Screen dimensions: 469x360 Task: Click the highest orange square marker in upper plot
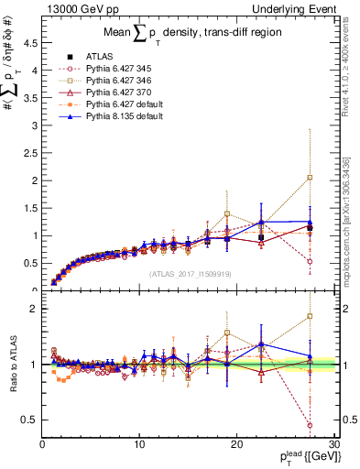[x=311, y=178]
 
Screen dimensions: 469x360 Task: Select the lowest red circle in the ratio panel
[x=311, y=425]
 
